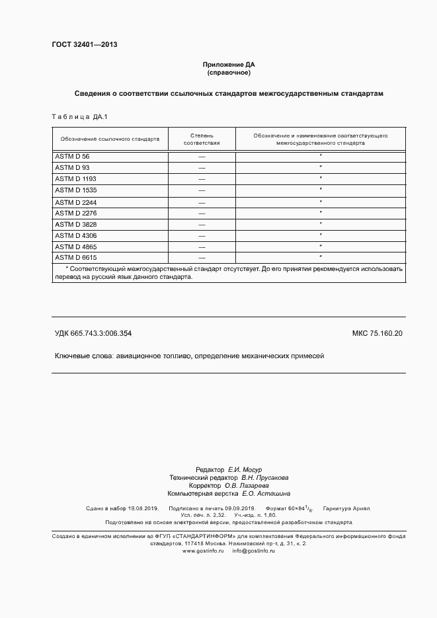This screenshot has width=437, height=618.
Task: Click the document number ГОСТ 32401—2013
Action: pyautogui.click(x=84, y=45)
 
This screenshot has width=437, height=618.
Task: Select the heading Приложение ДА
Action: pyautogui.click(x=229, y=64)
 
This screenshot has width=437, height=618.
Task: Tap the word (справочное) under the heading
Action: pyautogui.click(x=229, y=73)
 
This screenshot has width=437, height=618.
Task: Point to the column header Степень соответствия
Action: pyautogui.click(x=202, y=139)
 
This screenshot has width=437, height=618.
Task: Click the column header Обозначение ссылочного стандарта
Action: pyautogui.click(x=110, y=139)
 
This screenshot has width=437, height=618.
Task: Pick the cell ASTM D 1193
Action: pyautogui.click(x=75, y=179)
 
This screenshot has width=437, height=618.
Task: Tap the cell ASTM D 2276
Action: pyautogui.click(x=75, y=213)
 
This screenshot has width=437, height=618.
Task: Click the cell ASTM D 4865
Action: pyautogui.click(x=75, y=247)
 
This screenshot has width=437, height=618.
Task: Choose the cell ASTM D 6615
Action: pyautogui.click(x=75, y=257)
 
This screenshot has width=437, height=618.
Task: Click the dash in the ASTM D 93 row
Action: pyautogui.click(x=202, y=168)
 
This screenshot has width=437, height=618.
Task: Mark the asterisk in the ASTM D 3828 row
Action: pyautogui.click(x=321, y=224)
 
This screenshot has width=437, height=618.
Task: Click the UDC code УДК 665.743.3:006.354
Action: pyautogui.click(x=97, y=334)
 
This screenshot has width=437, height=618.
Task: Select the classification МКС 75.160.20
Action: pyautogui.click(x=377, y=334)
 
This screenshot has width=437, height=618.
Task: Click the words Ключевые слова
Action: pyautogui.click(x=83, y=356)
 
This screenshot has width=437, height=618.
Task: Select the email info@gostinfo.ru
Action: pyautogui.click(x=253, y=551)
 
